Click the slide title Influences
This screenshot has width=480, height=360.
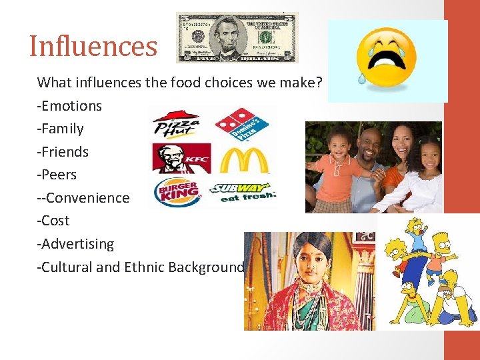93,47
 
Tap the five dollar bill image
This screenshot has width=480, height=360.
237,37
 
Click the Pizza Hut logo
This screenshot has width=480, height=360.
175,124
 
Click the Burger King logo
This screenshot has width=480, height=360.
177,193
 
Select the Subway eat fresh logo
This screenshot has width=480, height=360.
242,193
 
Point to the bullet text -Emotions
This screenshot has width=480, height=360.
69,106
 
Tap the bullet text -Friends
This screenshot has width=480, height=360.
63,152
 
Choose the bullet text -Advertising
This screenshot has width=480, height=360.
75,244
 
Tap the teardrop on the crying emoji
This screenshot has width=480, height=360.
361,77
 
